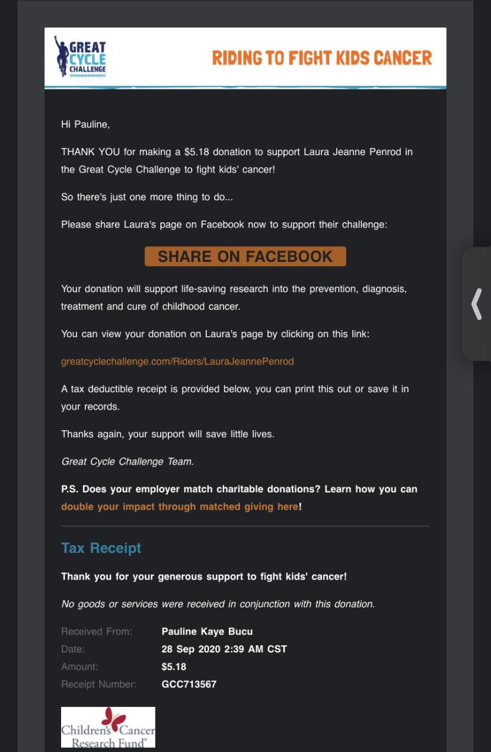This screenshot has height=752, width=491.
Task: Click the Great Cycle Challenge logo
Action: (81, 58)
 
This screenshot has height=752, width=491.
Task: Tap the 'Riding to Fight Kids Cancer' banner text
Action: (322, 58)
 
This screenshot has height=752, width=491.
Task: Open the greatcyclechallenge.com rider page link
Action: (177, 361)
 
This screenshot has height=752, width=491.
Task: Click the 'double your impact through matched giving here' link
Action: (180, 507)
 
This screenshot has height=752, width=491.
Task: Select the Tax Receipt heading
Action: (101, 548)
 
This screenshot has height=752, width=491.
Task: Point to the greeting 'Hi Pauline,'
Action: (85, 124)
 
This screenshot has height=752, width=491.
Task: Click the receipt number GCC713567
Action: (189, 684)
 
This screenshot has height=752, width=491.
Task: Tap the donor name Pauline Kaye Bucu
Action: (207, 632)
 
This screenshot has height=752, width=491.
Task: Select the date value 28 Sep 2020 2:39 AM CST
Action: (224, 649)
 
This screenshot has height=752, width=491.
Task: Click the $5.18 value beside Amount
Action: (174, 667)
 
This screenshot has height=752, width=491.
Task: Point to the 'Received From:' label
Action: (97, 632)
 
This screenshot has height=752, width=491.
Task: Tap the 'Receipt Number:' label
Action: (98, 684)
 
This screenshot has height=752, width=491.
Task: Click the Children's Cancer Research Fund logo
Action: (108, 727)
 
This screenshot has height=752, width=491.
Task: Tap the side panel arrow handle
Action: (476, 303)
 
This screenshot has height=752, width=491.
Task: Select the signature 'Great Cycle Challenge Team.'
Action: (127, 462)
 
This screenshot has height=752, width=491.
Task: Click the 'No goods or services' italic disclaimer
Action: (218, 604)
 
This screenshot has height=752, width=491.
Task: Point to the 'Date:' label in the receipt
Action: (73, 649)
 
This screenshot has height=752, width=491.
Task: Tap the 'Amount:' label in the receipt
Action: (79, 667)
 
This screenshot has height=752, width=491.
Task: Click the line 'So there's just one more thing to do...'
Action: (147, 197)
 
